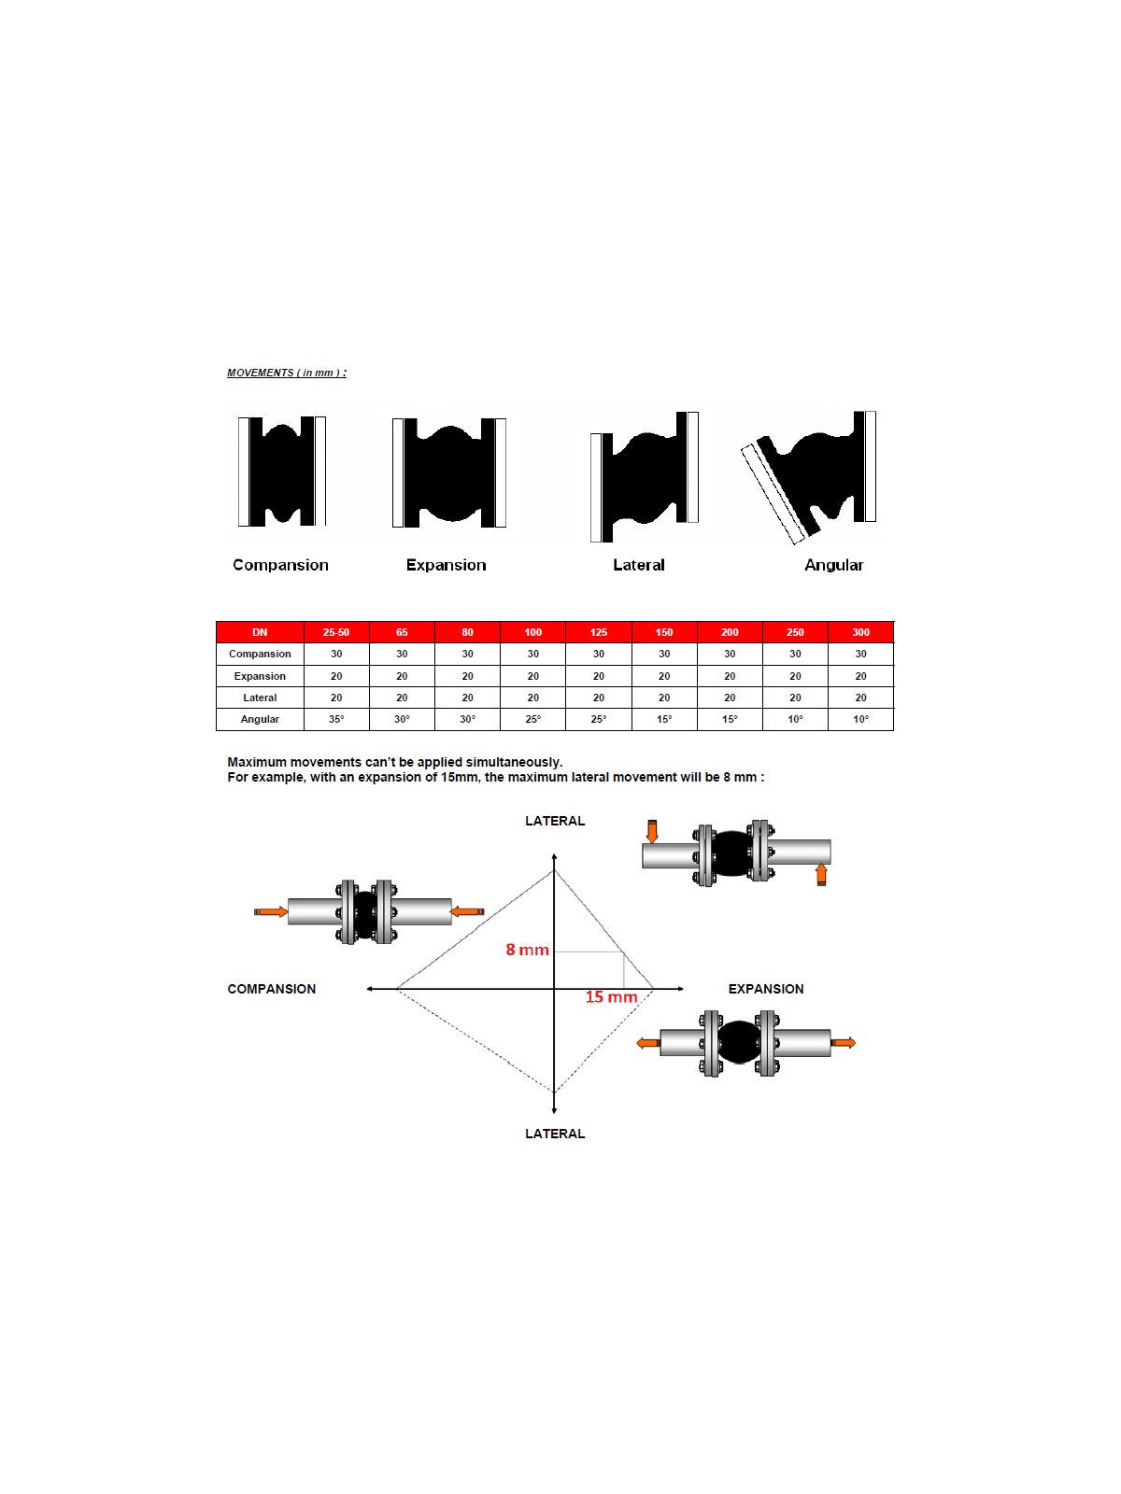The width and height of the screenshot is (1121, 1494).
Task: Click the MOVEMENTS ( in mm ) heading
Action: coord(287,373)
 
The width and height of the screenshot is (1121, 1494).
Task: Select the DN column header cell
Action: coord(260,631)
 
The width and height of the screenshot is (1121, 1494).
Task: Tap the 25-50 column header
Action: coord(336,631)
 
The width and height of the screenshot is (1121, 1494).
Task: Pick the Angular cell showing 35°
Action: coord(336,719)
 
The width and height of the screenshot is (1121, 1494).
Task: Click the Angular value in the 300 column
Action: coord(861,719)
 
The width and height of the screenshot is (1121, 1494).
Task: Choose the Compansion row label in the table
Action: coord(260,654)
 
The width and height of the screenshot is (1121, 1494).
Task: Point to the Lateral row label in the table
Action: coord(260,698)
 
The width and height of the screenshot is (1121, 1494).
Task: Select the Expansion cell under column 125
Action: coord(598,676)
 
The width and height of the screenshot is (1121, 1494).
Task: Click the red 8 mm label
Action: coord(528,950)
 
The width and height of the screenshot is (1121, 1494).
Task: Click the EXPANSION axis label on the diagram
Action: coord(766,988)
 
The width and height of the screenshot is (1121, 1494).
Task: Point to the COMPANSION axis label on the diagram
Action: coord(272,988)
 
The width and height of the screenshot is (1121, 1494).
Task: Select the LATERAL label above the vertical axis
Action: coord(555,821)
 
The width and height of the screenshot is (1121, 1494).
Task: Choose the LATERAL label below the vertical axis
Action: coord(555,1134)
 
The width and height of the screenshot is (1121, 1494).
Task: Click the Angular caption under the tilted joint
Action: coord(834,565)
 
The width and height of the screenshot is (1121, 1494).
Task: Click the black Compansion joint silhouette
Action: coord(282,471)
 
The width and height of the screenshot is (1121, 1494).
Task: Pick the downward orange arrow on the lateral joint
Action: coord(652,831)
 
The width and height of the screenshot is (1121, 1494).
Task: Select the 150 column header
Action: coord(664,631)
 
